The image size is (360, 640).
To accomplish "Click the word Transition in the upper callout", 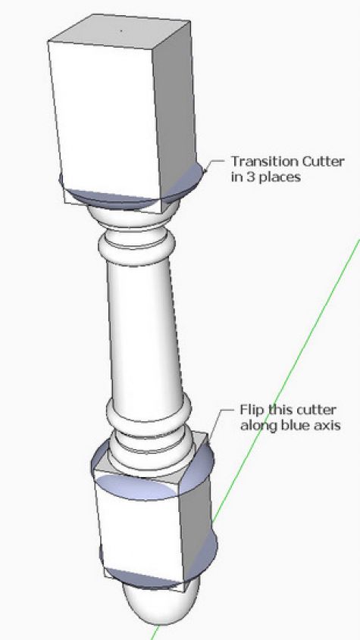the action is pos(265,161).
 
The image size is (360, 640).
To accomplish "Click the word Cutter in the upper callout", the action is pos(323,161).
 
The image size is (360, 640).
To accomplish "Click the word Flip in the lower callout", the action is pos(251,410).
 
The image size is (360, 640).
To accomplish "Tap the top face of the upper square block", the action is pos(119,30).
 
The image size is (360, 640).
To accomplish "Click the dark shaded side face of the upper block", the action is pos(176,111).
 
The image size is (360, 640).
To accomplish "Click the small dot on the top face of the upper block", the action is pos(121,30).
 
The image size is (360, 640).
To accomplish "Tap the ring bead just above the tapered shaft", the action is pos(137,249).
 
